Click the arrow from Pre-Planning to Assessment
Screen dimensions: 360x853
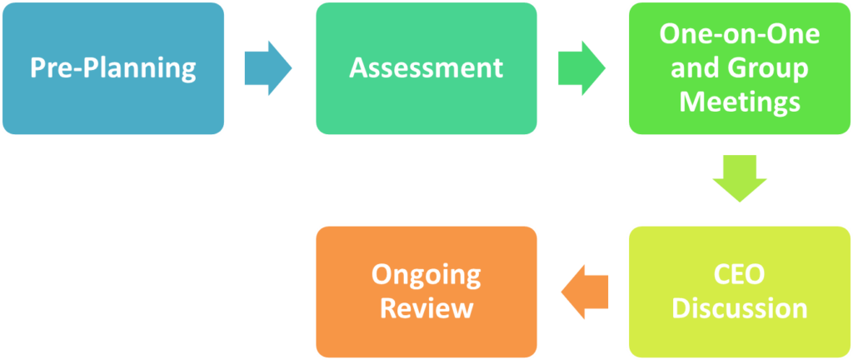pos(268,67)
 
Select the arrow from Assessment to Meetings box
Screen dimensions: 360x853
pos(581,67)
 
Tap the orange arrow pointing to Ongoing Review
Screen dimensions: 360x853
pos(584,292)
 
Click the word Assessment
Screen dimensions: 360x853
pos(426,67)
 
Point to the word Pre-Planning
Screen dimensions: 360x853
pos(112,67)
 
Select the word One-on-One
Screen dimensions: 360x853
pos(739,34)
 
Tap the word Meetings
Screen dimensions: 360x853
pos(739,101)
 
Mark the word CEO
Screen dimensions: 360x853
pos(739,274)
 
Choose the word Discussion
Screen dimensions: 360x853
pos(739,307)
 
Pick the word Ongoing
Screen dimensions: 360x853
pos(426,274)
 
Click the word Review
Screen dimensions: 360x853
pos(426,307)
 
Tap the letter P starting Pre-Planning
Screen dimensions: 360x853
pos(38,67)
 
